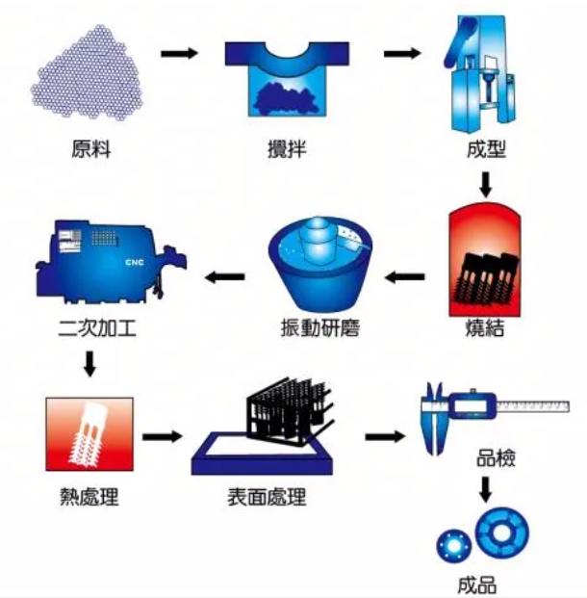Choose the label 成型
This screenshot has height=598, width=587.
tap(485, 149)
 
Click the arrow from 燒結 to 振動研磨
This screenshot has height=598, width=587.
tap(405, 278)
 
